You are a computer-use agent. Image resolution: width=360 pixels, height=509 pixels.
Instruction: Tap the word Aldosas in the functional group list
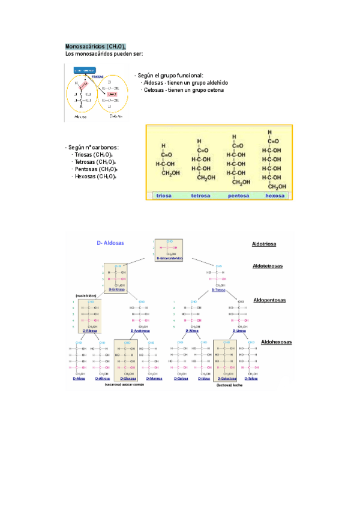click(x=155, y=82)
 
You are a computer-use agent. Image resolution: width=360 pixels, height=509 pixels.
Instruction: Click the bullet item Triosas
click(x=85, y=154)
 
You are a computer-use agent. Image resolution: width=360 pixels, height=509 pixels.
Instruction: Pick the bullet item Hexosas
click(x=86, y=176)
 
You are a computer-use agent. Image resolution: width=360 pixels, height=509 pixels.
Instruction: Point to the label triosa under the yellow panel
click(x=164, y=195)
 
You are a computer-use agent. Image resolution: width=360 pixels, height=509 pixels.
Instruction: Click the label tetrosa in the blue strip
click(x=200, y=195)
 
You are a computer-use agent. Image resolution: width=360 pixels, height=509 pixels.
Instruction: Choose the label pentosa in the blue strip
click(x=238, y=195)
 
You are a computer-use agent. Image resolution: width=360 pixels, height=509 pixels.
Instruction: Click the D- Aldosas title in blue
click(x=110, y=242)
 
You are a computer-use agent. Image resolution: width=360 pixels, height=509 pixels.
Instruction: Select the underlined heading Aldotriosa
click(x=264, y=244)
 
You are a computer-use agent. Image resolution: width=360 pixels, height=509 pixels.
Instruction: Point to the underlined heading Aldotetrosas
click(x=268, y=266)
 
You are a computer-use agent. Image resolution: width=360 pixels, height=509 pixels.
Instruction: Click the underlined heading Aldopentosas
click(x=269, y=300)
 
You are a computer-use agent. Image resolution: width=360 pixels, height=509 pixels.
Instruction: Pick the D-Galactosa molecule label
click(x=225, y=379)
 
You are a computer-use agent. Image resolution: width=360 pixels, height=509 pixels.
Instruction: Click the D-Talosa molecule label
click(x=251, y=379)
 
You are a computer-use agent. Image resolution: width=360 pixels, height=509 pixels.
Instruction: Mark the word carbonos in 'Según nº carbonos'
click(x=105, y=146)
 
